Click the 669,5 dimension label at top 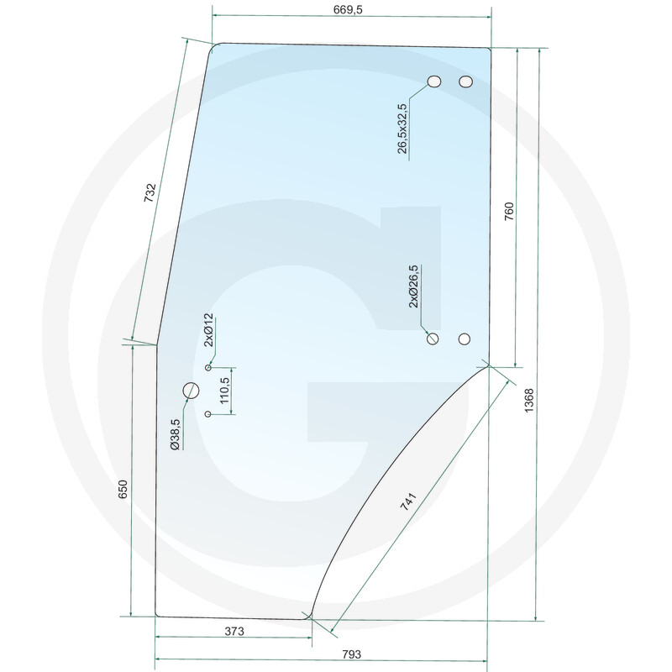pos(348,9)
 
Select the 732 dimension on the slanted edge pos(150,193)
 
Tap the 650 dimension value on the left pos(123,489)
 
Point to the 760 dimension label pos(509,212)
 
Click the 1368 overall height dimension pos(529,401)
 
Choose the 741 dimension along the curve pos(408,501)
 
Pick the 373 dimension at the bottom pos(234,632)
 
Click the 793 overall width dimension pos(351,654)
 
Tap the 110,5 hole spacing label pos(225,391)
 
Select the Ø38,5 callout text pos(176,434)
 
